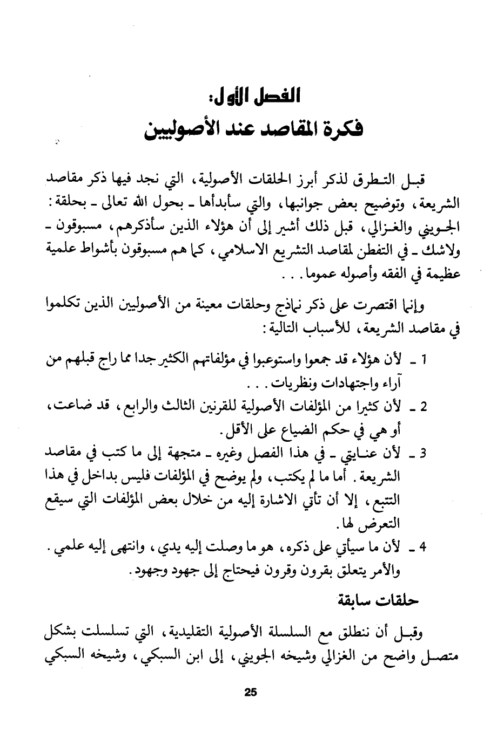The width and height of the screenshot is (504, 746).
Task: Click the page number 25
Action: coord(251,693)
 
